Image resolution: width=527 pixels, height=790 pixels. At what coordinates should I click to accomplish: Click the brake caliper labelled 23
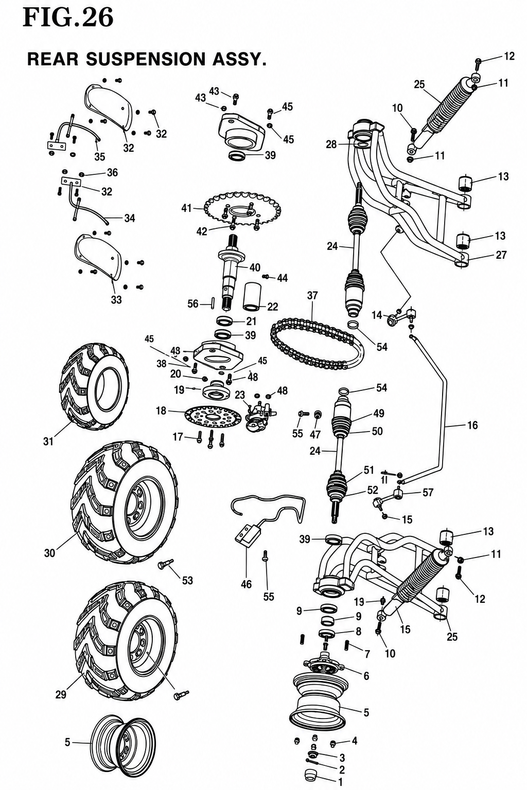[260, 414]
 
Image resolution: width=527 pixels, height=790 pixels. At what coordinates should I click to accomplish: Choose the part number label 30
[50, 553]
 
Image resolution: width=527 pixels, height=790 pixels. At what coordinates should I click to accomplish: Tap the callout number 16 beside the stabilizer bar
[472, 425]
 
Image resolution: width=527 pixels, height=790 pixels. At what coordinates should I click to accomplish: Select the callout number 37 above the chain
[312, 296]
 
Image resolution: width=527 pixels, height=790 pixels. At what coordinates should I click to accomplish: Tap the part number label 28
[331, 144]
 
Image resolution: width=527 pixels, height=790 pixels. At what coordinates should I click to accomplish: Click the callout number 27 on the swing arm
[501, 255]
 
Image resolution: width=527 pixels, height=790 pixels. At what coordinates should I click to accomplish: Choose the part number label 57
[428, 492]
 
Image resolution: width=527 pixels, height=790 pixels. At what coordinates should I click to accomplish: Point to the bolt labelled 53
[166, 564]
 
